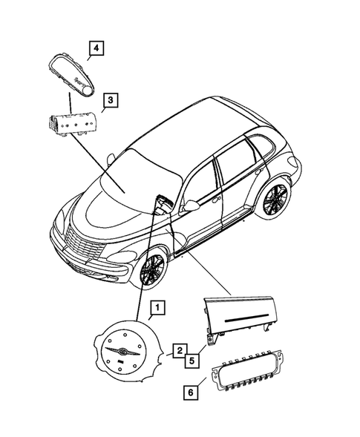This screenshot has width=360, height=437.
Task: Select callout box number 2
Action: tap(179, 349)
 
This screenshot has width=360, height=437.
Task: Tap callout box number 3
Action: tap(109, 99)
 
